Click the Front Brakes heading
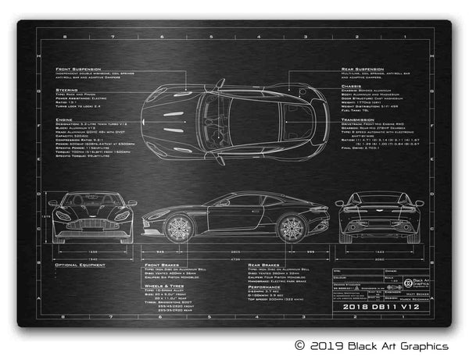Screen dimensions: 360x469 163,265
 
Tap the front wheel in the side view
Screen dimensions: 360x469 179,227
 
